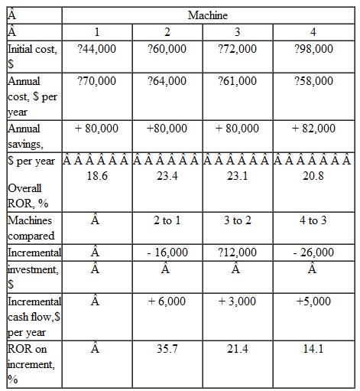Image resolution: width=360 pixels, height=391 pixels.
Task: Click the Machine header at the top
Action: (207, 15)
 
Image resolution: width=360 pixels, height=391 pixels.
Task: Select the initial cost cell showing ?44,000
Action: (97, 48)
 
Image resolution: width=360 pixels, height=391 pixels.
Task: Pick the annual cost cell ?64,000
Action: (167, 80)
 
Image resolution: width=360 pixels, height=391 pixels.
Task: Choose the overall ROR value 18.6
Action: (97, 176)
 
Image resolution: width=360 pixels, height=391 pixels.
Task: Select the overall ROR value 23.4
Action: (167, 176)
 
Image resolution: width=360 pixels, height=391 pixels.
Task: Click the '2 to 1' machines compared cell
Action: (167, 220)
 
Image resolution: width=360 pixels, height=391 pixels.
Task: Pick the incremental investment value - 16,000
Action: (167, 252)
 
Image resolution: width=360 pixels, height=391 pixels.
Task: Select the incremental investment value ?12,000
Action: (237, 252)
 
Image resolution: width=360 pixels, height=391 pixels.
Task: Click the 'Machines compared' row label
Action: (31, 227)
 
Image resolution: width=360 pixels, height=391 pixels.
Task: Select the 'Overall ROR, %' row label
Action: (28, 195)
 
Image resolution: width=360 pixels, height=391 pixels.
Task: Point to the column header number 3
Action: (237, 31)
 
